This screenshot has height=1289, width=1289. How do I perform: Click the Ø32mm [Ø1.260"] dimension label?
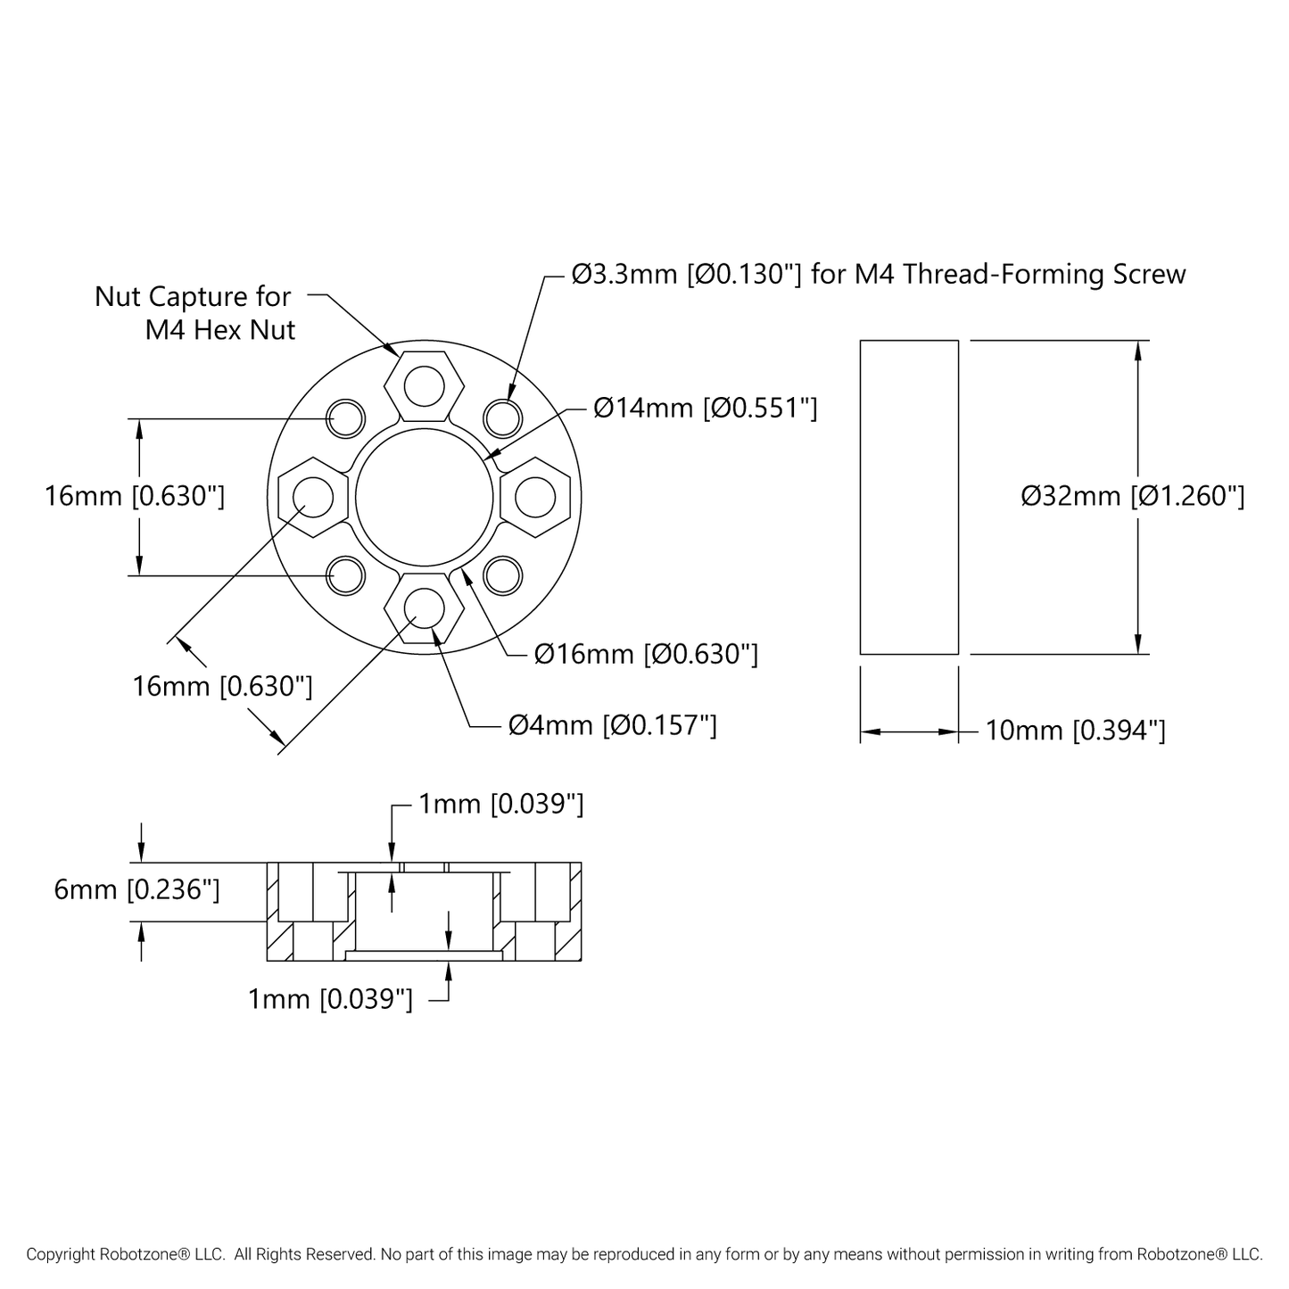(x=1132, y=496)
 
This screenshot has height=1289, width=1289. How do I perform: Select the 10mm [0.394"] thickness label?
(x=1075, y=731)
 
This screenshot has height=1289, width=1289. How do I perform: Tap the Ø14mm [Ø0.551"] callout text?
(x=705, y=409)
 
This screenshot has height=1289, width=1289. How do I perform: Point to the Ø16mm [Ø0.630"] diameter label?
(x=646, y=655)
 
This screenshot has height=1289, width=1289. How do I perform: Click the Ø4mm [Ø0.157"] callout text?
(x=612, y=725)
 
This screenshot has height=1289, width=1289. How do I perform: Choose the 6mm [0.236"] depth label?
(x=136, y=889)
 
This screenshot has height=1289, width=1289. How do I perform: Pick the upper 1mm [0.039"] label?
(x=500, y=805)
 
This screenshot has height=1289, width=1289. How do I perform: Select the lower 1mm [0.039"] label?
(x=330, y=999)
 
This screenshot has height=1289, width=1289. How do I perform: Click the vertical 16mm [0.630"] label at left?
(x=135, y=496)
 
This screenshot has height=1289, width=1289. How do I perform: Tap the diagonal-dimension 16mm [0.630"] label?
(x=222, y=686)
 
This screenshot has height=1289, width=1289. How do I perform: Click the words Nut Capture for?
(x=193, y=296)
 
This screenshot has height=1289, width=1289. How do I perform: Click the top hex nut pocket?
(x=424, y=386)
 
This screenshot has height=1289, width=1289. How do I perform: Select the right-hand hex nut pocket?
(x=535, y=497)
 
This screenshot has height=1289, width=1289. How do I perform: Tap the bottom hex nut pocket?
(x=424, y=607)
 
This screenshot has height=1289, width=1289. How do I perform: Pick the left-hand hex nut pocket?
(x=312, y=497)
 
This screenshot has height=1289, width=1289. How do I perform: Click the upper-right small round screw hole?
(x=502, y=417)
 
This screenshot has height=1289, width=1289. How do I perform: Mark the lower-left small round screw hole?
(x=346, y=575)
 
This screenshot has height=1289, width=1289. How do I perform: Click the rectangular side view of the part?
(x=908, y=497)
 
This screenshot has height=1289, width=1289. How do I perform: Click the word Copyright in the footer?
(x=61, y=1254)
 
